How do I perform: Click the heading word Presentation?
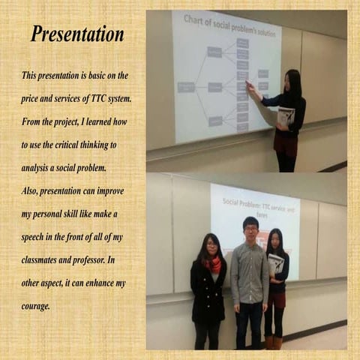(x=77, y=34)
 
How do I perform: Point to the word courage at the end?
(x=35, y=305)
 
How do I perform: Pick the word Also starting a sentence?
(x=31, y=190)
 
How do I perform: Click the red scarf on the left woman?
(x=212, y=262)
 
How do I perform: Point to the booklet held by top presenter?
(x=286, y=117)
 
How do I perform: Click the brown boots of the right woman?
(x=274, y=341)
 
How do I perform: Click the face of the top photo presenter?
(x=291, y=81)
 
